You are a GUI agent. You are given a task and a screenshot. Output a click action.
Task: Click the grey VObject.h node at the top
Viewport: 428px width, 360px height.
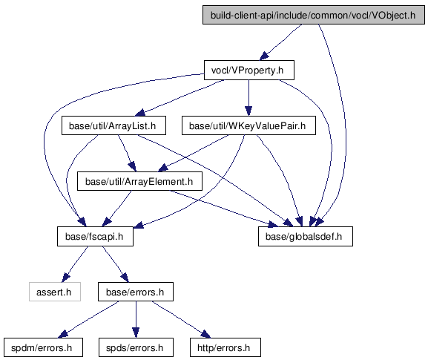point(314,15)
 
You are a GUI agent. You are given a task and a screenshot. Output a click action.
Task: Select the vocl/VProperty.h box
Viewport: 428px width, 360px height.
point(249,71)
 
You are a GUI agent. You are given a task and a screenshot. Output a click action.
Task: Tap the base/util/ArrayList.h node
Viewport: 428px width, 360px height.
point(113,125)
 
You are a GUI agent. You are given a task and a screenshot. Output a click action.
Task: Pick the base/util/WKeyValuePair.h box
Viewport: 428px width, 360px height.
point(248,125)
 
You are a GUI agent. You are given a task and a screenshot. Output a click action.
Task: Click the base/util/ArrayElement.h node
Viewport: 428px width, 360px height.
point(139,181)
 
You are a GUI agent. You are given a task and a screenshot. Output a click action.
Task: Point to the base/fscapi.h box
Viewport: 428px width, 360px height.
point(95,236)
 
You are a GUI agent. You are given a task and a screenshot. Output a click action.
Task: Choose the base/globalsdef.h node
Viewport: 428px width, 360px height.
point(306,236)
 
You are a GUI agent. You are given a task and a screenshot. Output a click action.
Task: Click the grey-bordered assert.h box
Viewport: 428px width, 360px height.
point(55,292)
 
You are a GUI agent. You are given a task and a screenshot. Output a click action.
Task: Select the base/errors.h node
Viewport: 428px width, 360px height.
point(136,292)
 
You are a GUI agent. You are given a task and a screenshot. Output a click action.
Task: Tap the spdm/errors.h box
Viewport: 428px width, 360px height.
point(43,347)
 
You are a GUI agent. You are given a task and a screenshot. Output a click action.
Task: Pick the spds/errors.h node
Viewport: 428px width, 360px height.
point(136,347)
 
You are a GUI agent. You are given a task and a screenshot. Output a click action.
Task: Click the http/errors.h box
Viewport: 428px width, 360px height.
point(225,347)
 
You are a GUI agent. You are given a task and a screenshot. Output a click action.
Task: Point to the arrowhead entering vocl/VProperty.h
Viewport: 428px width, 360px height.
point(264,56)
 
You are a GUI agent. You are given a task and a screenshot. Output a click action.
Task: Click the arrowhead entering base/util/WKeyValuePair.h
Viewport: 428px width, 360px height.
point(248,111)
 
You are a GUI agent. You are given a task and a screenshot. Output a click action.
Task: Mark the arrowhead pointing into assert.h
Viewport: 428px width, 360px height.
point(65,278)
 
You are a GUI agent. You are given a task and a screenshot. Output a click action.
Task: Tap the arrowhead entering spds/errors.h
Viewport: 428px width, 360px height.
point(136,333)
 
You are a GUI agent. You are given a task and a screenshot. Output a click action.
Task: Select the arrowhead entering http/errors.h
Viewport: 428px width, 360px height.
point(205,334)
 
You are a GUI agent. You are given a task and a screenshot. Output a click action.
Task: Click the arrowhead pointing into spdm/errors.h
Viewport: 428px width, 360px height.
point(63,334)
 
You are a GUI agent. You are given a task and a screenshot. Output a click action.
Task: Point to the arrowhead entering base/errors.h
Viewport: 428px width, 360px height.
point(124,278)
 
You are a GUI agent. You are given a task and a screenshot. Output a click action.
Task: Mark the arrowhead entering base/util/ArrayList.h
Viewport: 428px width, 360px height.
point(140,113)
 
